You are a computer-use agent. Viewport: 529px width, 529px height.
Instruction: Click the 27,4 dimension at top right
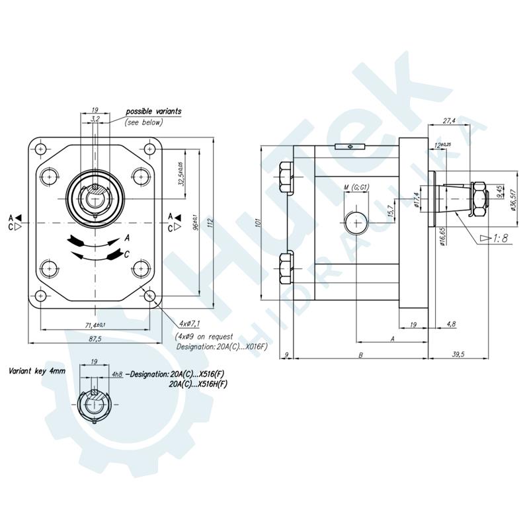click(x=450, y=121)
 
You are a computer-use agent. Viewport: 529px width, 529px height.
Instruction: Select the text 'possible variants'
click(x=153, y=111)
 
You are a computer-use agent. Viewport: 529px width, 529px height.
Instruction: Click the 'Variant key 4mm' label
click(x=38, y=372)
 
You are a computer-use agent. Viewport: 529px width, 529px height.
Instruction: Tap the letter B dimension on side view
click(x=359, y=354)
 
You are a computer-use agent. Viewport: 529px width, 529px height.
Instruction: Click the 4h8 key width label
click(x=117, y=374)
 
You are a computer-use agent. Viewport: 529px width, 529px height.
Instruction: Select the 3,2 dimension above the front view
click(x=95, y=119)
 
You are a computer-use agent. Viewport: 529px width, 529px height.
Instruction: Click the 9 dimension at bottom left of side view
click(x=285, y=354)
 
